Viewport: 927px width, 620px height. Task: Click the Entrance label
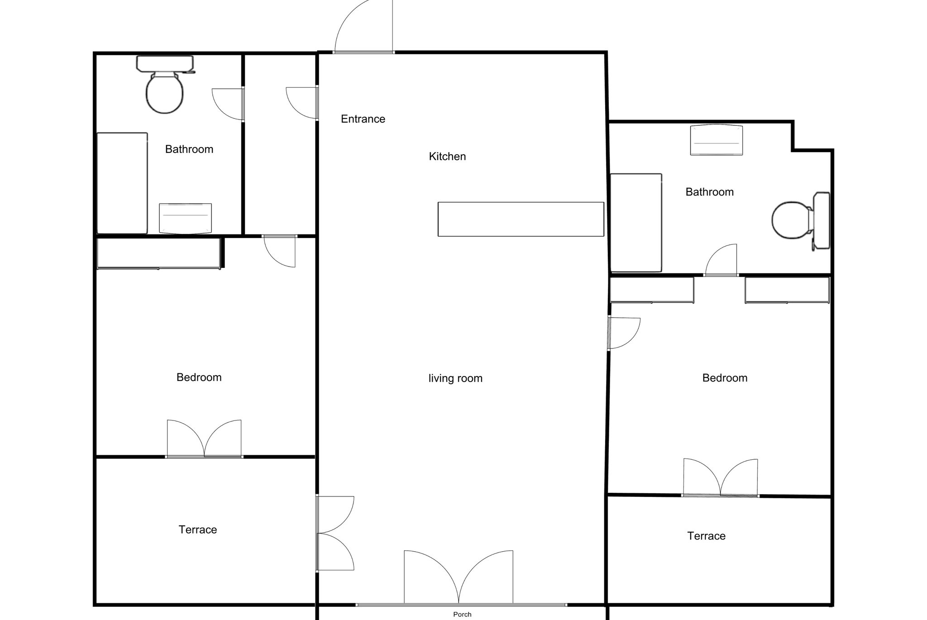pos(363,119)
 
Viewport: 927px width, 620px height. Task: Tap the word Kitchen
pos(447,157)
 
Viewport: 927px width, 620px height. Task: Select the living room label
pos(455,378)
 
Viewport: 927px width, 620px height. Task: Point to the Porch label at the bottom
pos(462,614)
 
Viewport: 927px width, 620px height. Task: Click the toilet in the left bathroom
pos(165,85)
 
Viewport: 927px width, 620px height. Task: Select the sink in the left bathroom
pos(185,219)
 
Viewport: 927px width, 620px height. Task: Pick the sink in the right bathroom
pos(716,140)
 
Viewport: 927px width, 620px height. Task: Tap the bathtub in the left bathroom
pos(122,183)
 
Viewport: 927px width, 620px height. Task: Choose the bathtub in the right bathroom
pos(636,223)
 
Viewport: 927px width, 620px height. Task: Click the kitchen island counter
pos(521,219)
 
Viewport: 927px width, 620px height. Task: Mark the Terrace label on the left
pos(198,530)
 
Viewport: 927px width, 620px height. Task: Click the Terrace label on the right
pos(706,536)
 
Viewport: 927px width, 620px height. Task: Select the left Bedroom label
pos(199,377)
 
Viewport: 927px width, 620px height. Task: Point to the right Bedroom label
pos(725,378)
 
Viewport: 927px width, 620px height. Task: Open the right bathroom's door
pos(721,260)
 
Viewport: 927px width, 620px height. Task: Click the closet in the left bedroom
pos(159,253)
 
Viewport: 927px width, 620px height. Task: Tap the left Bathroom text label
pos(189,149)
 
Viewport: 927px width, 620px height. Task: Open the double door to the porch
pos(459,578)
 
